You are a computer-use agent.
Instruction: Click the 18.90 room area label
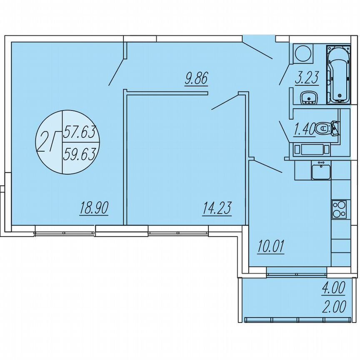click(x=94, y=207)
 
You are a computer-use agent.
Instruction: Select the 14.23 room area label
click(x=217, y=207)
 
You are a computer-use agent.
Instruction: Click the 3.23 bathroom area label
click(x=307, y=78)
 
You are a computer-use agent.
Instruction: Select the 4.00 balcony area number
click(x=333, y=288)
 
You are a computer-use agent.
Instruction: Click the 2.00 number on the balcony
click(x=333, y=307)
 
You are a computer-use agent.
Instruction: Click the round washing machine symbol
click(x=302, y=54)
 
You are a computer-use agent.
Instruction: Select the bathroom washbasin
click(x=309, y=97)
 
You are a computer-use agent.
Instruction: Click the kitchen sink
click(x=321, y=171)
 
